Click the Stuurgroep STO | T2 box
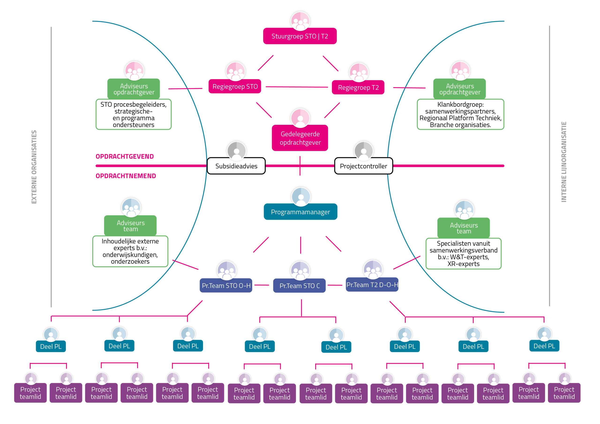pos(300,36)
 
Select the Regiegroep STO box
pos(235,86)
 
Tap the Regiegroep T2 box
pos(358,88)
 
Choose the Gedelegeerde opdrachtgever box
pos(300,138)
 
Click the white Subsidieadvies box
pos(236,166)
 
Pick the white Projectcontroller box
pos(364,166)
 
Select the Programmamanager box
pos(300,212)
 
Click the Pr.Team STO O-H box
pos(226,285)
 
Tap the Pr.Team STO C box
pos(300,286)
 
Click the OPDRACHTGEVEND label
pos(125,156)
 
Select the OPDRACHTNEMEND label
pos(126,176)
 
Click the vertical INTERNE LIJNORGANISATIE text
pos(564,162)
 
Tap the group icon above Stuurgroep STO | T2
pos(300,21)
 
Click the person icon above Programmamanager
pos(301,197)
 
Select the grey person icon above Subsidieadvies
pos(236,151)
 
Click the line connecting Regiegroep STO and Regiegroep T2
pos(297,87)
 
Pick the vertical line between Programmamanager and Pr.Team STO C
pos(300,245)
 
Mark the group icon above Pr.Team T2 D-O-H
pos(373,270)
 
